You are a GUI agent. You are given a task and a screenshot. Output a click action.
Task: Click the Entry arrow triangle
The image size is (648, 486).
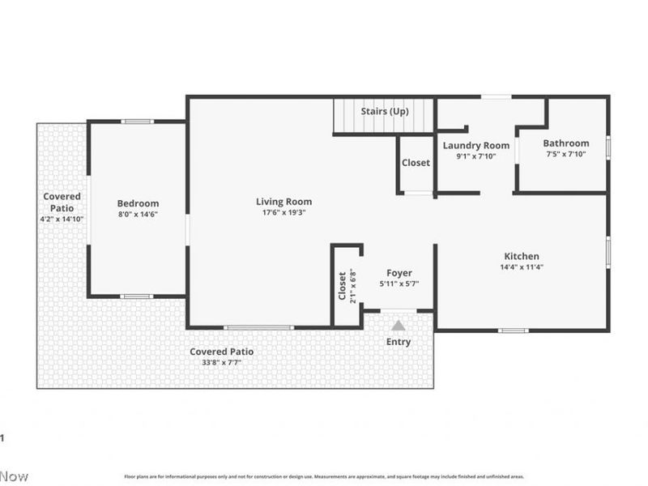point(398,325)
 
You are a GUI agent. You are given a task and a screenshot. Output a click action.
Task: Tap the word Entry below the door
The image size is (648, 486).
point(398,342)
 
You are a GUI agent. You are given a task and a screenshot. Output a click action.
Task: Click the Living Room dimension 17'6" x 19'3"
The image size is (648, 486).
point(283,213)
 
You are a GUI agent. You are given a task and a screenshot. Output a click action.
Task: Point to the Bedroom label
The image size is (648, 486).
point(138,203)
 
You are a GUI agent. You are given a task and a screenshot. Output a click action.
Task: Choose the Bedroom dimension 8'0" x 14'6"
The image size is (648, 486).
point(138,214)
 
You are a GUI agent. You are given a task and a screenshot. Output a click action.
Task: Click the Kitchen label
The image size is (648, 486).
point(522,256)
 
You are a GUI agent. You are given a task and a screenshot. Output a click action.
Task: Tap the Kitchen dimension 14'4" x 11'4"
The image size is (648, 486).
point(522,266)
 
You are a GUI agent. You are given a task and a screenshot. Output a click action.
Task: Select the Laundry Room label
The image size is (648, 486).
point(475,145)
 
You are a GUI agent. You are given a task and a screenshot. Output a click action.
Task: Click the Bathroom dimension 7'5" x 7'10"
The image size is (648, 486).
point(565,154)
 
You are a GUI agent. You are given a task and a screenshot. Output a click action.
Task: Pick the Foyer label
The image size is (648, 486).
point(399,273)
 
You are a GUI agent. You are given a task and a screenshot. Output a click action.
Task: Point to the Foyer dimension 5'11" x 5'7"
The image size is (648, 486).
point(399,283)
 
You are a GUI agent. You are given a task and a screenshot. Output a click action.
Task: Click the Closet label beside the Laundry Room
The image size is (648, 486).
point(416,163)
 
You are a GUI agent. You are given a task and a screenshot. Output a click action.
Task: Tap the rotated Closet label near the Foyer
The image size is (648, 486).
point(342,285)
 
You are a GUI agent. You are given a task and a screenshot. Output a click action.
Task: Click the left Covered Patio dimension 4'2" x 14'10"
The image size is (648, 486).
point(62,219)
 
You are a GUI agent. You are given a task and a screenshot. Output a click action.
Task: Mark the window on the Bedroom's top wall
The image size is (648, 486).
point(138,122)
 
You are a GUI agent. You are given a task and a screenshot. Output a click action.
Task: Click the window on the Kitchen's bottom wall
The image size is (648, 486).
point(513,330)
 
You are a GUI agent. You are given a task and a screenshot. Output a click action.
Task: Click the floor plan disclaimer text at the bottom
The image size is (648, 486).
point(324,477)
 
